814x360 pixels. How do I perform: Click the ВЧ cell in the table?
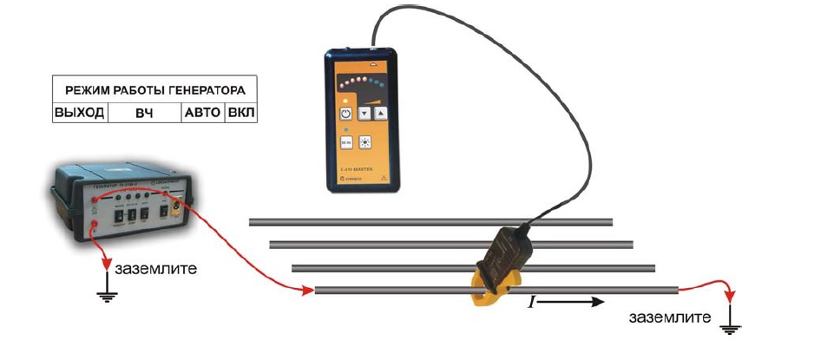(x=143, y=113)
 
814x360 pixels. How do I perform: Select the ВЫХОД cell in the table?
(x=79, y=113)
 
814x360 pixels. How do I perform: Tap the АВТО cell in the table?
(x=202, y=113)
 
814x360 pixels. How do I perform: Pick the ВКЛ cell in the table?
(x=241, y=113)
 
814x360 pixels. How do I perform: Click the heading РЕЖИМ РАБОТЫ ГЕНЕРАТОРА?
(x=155, y=89)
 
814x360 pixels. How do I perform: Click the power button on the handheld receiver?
(x=345, y=113)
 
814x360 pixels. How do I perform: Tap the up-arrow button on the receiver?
(x=380, y=113)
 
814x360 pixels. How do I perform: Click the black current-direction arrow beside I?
(x=573, y=302)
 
